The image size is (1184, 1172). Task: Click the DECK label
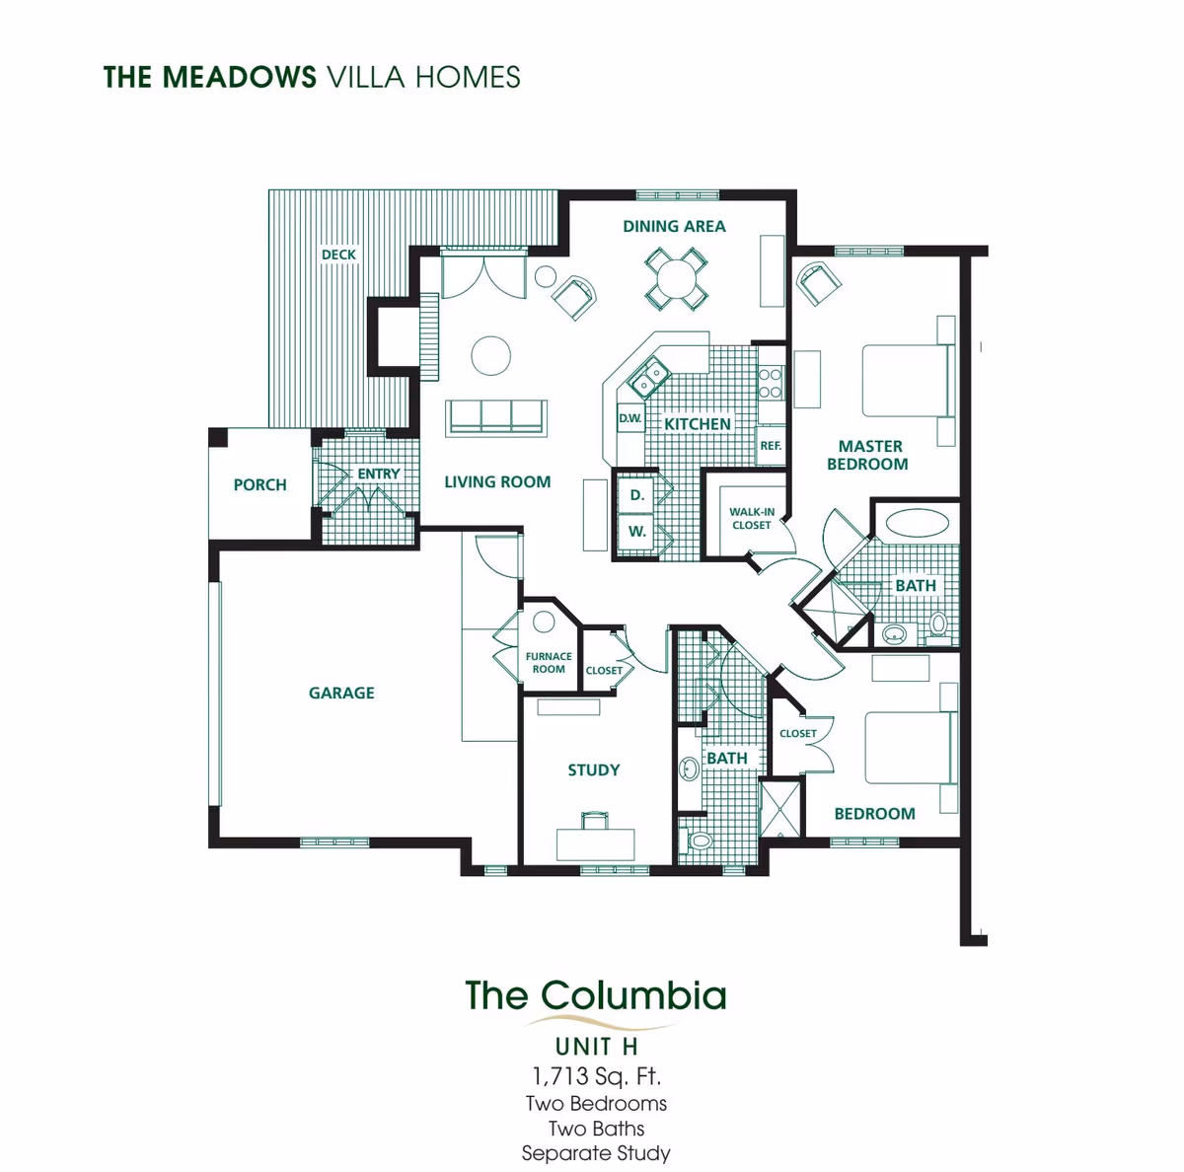point(338,255)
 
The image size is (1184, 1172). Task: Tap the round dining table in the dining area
point(676,277)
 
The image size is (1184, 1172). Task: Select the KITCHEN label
point(698,424)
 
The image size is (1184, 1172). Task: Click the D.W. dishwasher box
point(629,418)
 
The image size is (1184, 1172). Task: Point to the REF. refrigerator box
point(771,446)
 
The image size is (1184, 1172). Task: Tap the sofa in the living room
point(496,416)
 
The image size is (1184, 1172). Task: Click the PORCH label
point(259,485)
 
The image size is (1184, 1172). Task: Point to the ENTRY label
point(379,475)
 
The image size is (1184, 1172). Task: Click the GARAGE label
point(341,694)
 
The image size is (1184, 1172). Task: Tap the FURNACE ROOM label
point(549,663)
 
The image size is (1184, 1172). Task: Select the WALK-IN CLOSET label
point(752,519)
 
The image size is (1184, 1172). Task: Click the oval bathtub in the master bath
point(915,521)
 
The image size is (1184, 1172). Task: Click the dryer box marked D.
point(637,495)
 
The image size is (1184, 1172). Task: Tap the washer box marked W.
point(637,532)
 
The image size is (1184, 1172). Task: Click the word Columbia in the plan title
point(633,995)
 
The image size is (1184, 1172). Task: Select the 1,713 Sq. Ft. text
point(596,1075)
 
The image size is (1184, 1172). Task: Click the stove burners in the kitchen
point(771,383)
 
